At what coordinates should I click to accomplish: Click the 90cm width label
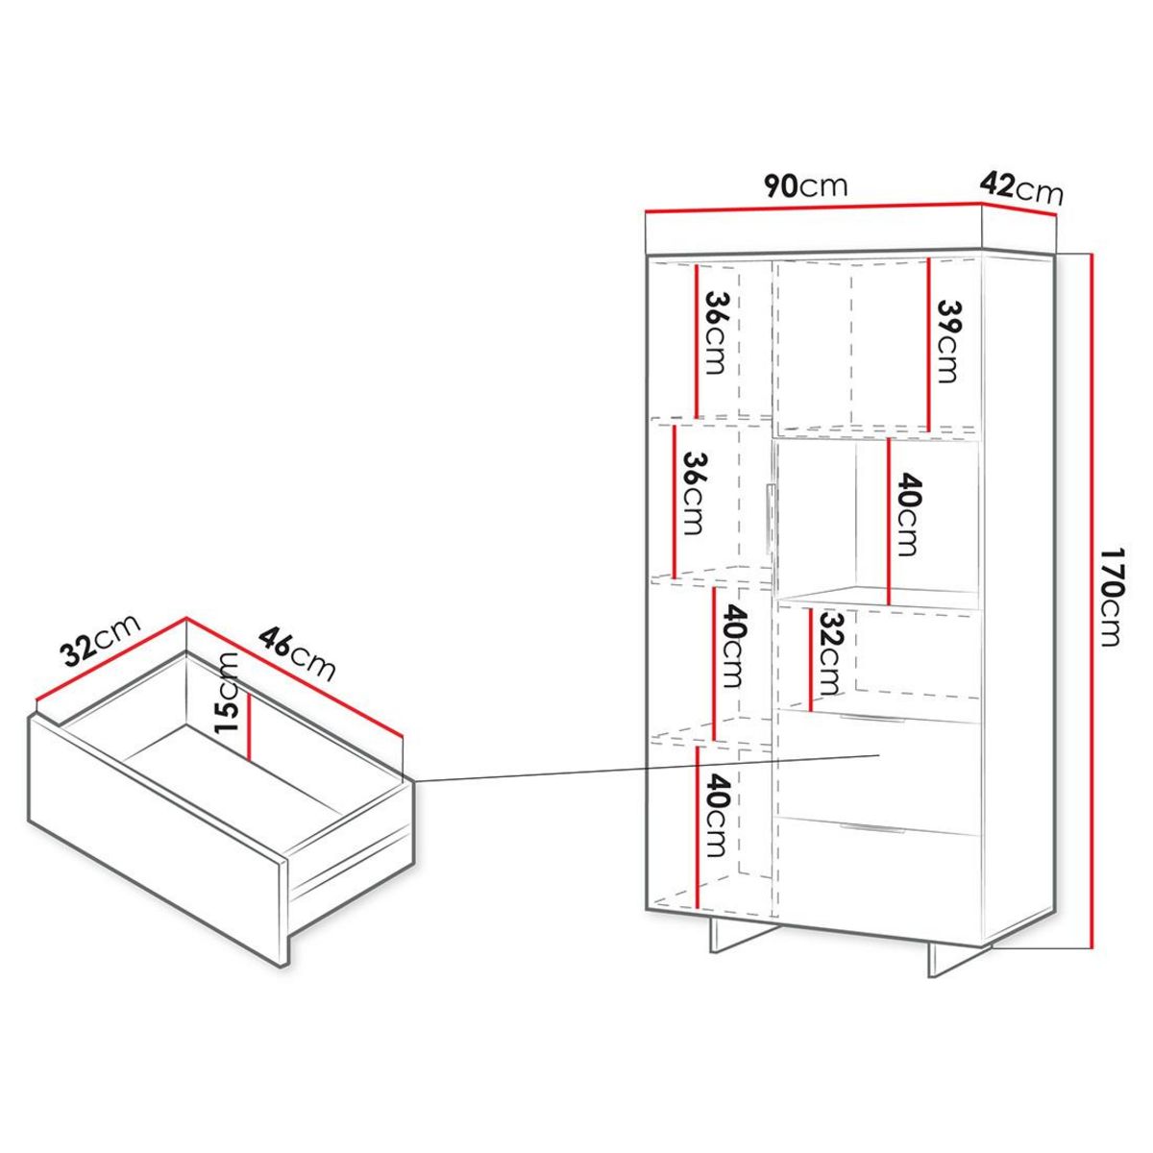(x=805, y=185)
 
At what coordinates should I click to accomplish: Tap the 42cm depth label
(x=1021, y=187)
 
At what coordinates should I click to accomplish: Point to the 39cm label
(x=948, y=341)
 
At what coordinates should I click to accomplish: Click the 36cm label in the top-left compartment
(x=716, y=333)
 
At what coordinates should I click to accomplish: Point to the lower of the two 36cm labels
(x=693, y=493)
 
